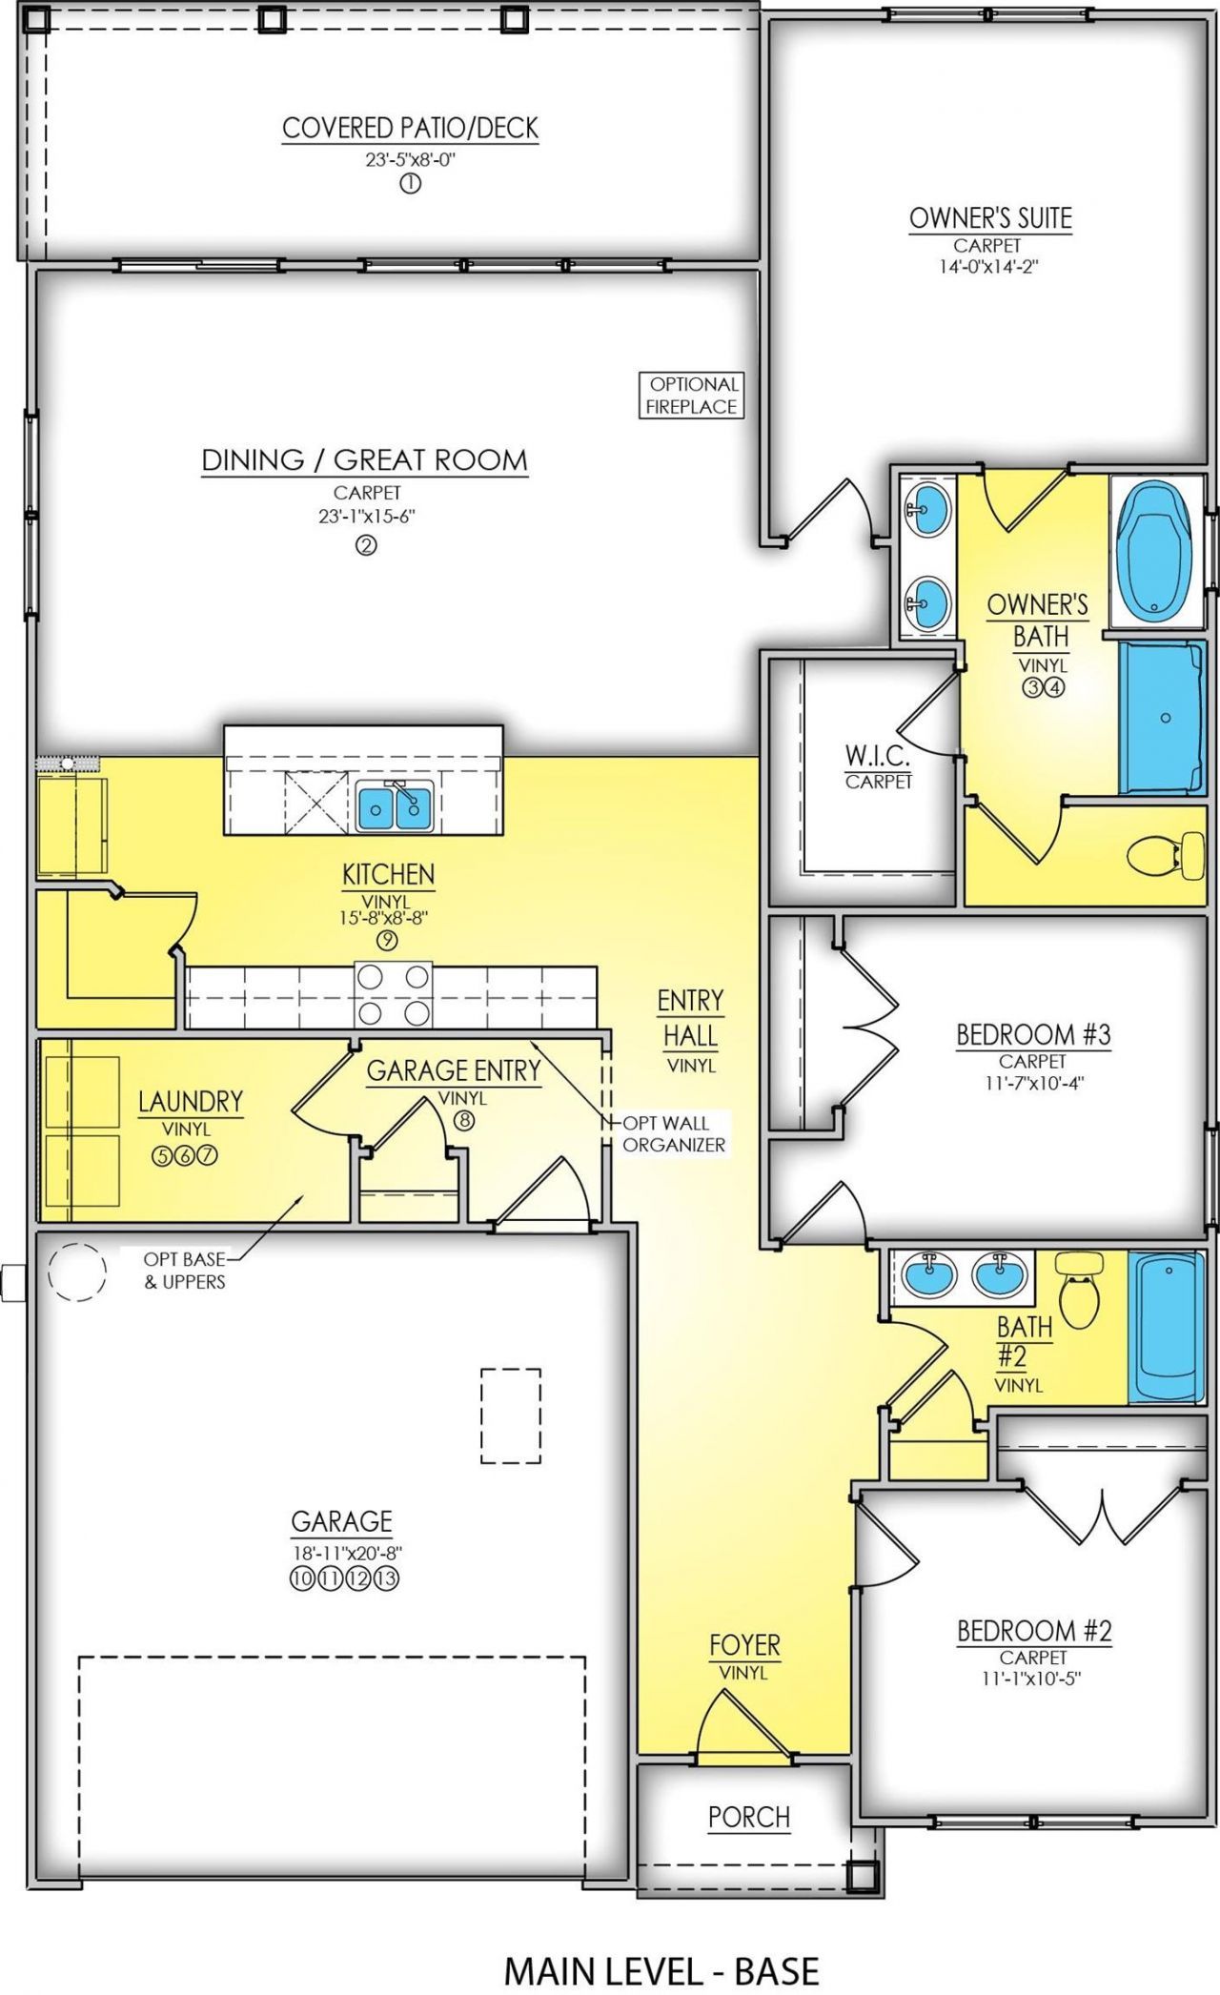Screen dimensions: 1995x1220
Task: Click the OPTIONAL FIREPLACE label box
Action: point(691,396)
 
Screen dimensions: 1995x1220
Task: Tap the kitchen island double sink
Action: point(396,805)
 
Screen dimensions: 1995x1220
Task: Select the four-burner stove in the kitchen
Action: point(392,994)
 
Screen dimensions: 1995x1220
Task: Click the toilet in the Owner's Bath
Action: point(1166,854)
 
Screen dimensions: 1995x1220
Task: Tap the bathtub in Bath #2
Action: point(1165,1326)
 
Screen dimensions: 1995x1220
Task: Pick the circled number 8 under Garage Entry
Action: point(463,1120)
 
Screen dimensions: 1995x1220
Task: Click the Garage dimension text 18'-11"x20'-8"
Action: point(343,1552)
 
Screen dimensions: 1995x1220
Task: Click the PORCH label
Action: point(749,1818)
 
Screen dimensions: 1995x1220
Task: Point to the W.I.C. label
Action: point(878,758)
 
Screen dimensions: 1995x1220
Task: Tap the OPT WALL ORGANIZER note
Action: point(673,1134)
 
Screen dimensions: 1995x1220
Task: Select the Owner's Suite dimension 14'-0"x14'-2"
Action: point(988,267)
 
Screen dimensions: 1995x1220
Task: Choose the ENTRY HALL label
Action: point(690,1018)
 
